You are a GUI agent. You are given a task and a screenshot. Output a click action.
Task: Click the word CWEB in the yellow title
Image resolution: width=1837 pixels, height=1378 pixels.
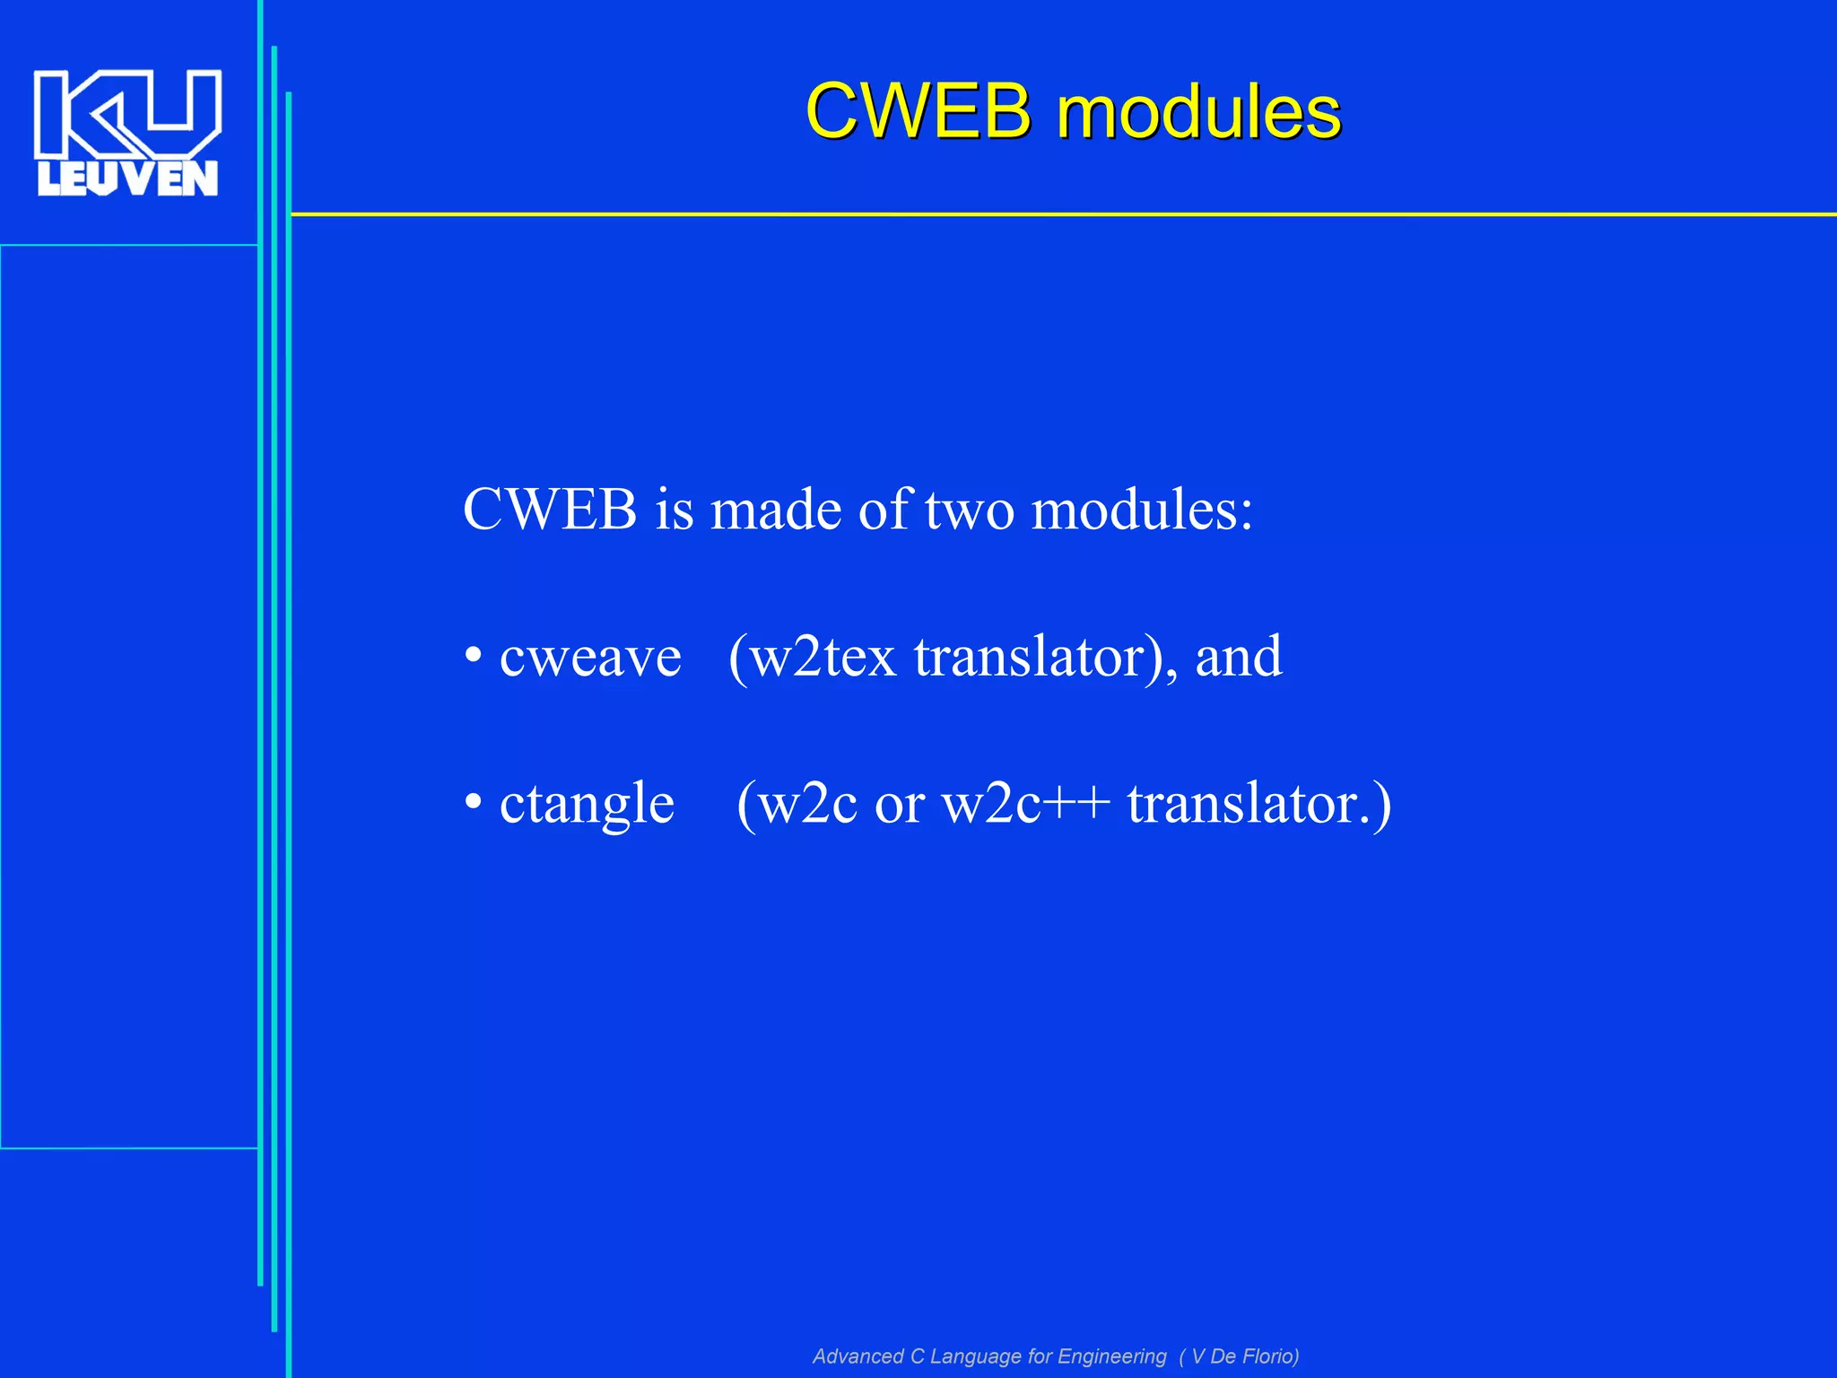tap(918, 111)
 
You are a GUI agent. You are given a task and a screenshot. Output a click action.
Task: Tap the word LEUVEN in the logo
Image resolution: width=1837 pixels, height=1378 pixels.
tap(127, 179)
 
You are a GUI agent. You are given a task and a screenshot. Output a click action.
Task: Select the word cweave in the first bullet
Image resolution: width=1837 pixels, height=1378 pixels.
tap(590, 658)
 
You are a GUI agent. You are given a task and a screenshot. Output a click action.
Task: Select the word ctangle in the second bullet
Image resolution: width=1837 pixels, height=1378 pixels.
tap(587, 804)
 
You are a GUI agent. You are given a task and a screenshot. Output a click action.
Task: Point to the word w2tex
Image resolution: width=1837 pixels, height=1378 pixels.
tap(823, 658)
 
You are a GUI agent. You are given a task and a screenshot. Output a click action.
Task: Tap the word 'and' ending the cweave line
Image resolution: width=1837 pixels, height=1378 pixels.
tap(1239, 658)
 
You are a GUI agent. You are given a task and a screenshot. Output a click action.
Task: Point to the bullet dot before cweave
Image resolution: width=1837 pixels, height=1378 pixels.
tap(474, 658)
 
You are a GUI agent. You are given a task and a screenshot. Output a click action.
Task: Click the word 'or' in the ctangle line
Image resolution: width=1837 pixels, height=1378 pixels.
tap(900, 804)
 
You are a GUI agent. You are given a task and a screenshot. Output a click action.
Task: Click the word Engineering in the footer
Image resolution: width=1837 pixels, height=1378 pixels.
tap(1112, 1356)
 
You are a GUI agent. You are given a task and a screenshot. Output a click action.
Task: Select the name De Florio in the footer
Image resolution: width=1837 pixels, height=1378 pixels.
tap(1252, 1356)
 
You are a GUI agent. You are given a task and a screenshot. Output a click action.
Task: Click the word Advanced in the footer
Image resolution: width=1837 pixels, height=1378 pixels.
tap(858, 1356)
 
